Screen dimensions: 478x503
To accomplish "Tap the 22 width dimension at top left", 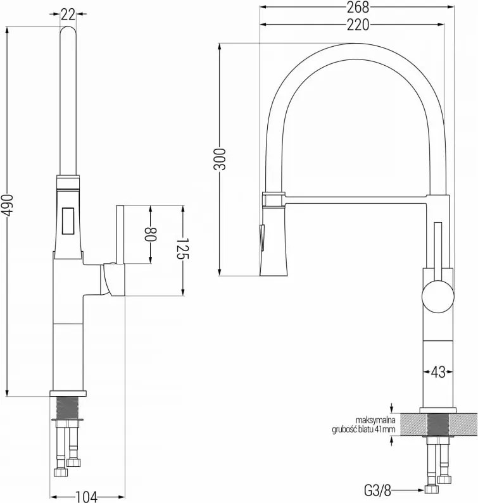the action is [x=68, y=15].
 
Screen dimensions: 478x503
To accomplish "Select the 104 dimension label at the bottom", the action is [x=86, y=497].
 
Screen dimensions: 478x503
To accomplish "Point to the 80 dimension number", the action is [x=150, y=235].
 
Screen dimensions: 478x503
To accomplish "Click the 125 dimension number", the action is [x=184, y=248].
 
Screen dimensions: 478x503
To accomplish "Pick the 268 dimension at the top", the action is [x=358, y=8].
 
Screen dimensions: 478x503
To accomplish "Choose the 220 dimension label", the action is [x=358, y=25].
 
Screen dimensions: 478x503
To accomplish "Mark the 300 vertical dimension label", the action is [x=220, y=159].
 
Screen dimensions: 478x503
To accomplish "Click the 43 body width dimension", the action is [x=438, y=372].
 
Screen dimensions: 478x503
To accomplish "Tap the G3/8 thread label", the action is [x=377, y=490].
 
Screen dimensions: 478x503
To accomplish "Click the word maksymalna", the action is [x=375, y=420].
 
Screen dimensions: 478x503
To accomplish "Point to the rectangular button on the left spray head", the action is [x=68, y=221].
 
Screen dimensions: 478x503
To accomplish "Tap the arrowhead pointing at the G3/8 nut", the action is [x=420, y=490].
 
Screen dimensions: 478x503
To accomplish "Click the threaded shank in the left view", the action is [x=67, y=407].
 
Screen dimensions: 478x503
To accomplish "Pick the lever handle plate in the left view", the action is [x=120, y=235].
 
